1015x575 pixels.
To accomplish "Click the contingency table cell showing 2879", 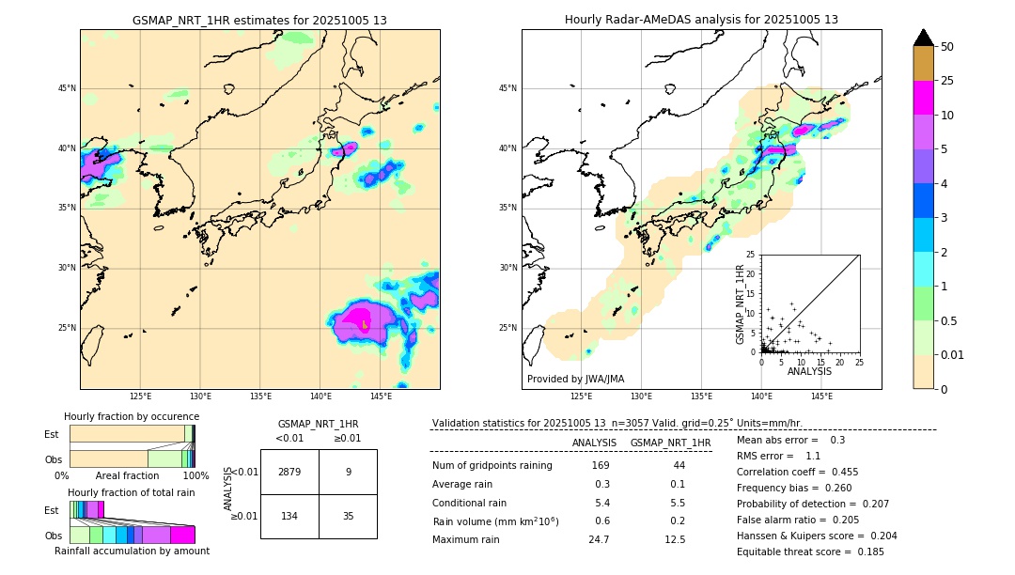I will point(289,472).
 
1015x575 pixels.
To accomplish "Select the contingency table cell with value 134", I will point(289,516).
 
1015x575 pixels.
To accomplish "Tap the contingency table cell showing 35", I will point(348,516).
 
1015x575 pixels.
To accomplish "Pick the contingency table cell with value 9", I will point(348,472).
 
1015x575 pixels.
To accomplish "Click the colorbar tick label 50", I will point(947,47).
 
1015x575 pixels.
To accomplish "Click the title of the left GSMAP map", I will point(259,20).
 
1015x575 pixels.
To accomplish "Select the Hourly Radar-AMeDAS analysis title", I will point(701,20).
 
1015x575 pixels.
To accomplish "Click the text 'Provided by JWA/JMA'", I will point(575,379).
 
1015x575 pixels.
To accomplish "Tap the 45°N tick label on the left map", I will point(67,88).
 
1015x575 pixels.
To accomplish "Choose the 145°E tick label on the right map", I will point(821,396).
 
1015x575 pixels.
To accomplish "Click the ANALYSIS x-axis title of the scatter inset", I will point(809,371).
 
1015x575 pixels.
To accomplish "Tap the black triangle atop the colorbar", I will point(923,38).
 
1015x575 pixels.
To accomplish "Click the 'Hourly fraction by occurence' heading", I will point(132,416).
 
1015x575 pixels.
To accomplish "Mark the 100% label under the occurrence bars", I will point(195,475).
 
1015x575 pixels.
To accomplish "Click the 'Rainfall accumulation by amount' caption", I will point(132,551).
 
